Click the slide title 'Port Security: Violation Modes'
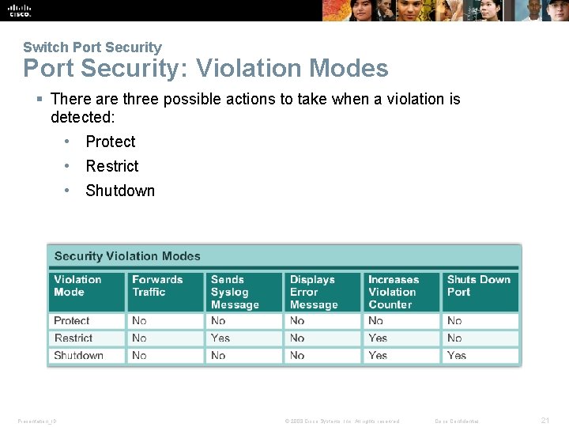pos(205,69)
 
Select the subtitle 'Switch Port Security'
pos(92,47)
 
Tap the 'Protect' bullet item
pos(111,142)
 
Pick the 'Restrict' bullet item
pos(111,166)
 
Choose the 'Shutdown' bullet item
pos(120,191)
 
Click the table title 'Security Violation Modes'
pos(127,256)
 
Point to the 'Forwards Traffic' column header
pos(157,285)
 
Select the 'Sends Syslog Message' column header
pos(235,292)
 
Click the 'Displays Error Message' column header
pos(314,292)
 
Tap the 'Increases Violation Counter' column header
pos(394,292)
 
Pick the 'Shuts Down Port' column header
pos(478,285)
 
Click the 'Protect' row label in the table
pos(72,321)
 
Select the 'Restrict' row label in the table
pos(73,338)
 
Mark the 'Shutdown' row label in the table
pos(78,356)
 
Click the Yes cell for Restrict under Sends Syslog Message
pos(220,338)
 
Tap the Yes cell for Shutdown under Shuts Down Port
pos(457,356)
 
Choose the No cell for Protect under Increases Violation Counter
pos(375,321)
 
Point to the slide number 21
pos(545,421)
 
